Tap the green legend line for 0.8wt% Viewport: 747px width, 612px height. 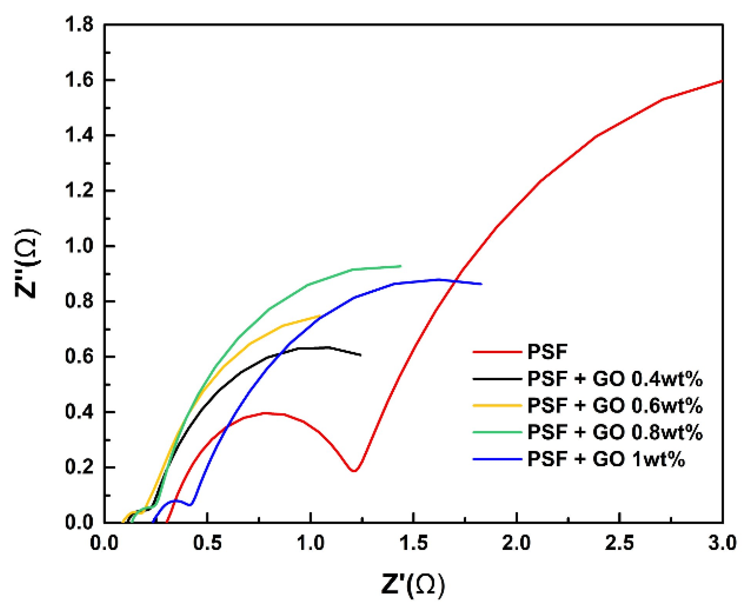(x=497, y=432)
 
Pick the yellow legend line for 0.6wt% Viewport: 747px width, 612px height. (x=497, y=405)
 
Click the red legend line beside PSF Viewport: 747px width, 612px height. (x=497, y=352)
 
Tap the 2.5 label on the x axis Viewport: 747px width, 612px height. (x=619, y=543)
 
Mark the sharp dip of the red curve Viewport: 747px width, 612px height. (x=354, y=470)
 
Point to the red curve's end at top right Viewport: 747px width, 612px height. (x=722, y=81)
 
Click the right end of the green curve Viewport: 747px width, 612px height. (x=401, y=266)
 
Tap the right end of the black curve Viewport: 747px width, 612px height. (x=360, y=355)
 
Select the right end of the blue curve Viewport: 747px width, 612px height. (x=481, y=284)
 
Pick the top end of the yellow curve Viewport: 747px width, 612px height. (x=319, y=316)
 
